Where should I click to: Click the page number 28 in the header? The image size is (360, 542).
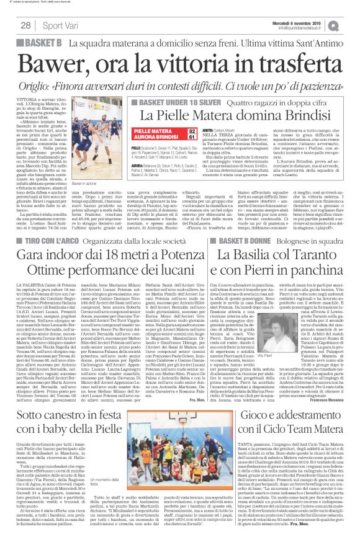click(x=25, y=25)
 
